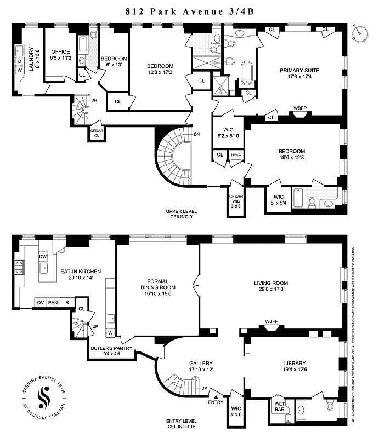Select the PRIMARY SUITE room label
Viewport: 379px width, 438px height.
click(299, 71)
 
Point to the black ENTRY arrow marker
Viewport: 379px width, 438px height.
click(216, 396)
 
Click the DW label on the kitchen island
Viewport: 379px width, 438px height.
click(43, 257)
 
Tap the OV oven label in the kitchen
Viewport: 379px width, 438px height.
click(40, 302)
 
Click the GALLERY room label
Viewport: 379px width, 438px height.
click(201, 364)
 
